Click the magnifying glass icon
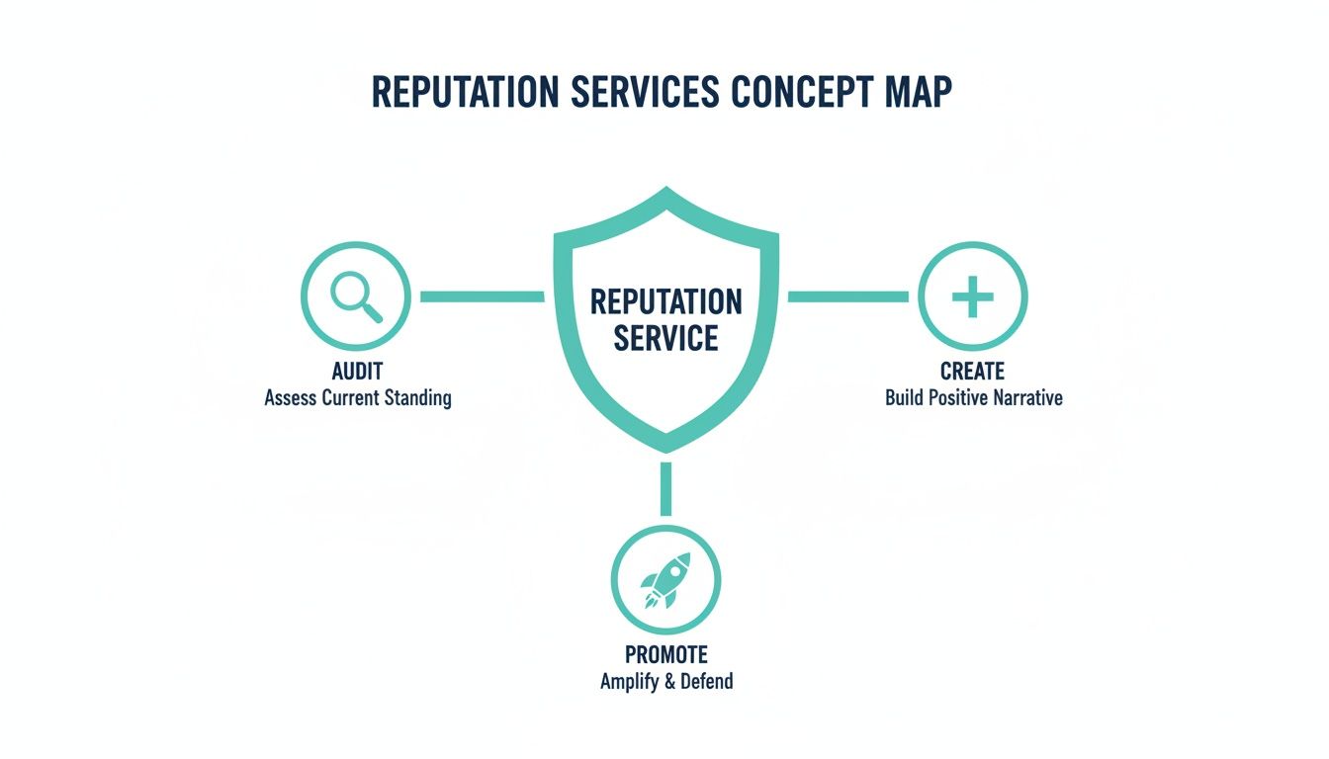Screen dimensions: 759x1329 (x=356, y=295)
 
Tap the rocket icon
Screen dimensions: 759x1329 (x=665, y=580)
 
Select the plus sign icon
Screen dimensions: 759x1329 (x=972, y=296)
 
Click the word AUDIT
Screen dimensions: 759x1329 (x=358, y=372)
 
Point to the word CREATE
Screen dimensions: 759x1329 (x=973, y=372)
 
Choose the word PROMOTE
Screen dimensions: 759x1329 (x=666, y=654)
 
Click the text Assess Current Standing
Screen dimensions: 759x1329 (x=358, y=398)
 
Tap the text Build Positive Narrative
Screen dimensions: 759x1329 (x=974, y=398)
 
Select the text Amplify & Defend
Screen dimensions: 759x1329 (x=666, y=682)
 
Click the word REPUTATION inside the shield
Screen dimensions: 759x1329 (x=665, y=301)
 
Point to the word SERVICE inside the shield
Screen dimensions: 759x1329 (x=665, y=339)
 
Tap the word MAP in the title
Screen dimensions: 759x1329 (x=914, y=92)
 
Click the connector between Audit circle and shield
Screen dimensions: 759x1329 (x=482, y=296)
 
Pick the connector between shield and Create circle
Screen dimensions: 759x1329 (x=847, y=296)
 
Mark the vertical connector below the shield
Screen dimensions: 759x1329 (x=665, y=488)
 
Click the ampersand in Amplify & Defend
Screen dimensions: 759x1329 (x=667, y=682)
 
